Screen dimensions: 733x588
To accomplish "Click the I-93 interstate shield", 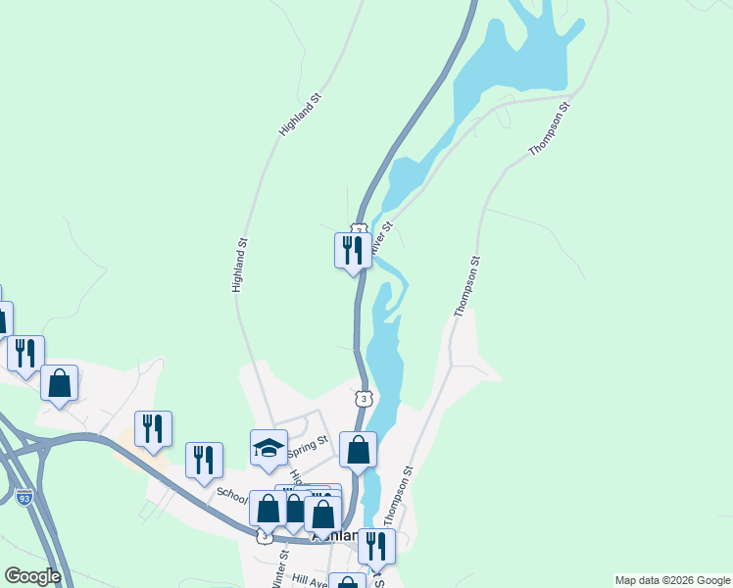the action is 24,498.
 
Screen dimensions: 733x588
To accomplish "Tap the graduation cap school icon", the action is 269,449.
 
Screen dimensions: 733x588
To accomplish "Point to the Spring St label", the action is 307,446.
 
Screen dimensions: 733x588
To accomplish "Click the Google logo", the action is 32,575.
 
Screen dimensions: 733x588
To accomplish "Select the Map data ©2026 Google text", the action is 672,580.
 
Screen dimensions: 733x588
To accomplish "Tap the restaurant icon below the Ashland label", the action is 376,547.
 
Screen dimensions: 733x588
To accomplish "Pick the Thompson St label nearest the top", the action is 549,132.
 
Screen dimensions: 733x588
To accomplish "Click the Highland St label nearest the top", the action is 300,115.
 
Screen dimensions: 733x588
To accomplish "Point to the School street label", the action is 233,495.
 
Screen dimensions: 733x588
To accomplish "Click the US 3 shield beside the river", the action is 365,399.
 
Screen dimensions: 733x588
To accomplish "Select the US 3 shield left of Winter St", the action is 264,536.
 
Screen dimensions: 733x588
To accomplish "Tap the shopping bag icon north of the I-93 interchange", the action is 60,384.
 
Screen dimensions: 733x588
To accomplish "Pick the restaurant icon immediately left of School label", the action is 204,461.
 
